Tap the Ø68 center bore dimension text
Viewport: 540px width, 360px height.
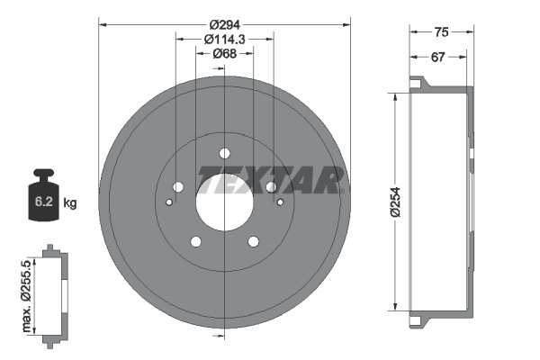224,54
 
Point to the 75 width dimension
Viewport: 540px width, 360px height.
441,32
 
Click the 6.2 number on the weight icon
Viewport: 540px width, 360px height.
43,202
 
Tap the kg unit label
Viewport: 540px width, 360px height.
70,203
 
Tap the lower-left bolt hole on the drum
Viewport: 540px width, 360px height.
194,241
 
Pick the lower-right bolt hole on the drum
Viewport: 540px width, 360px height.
253,241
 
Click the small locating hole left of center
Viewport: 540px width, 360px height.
169,202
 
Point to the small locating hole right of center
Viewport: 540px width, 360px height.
279,202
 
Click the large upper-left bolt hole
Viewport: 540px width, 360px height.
177,186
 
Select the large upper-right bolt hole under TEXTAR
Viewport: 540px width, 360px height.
270,186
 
